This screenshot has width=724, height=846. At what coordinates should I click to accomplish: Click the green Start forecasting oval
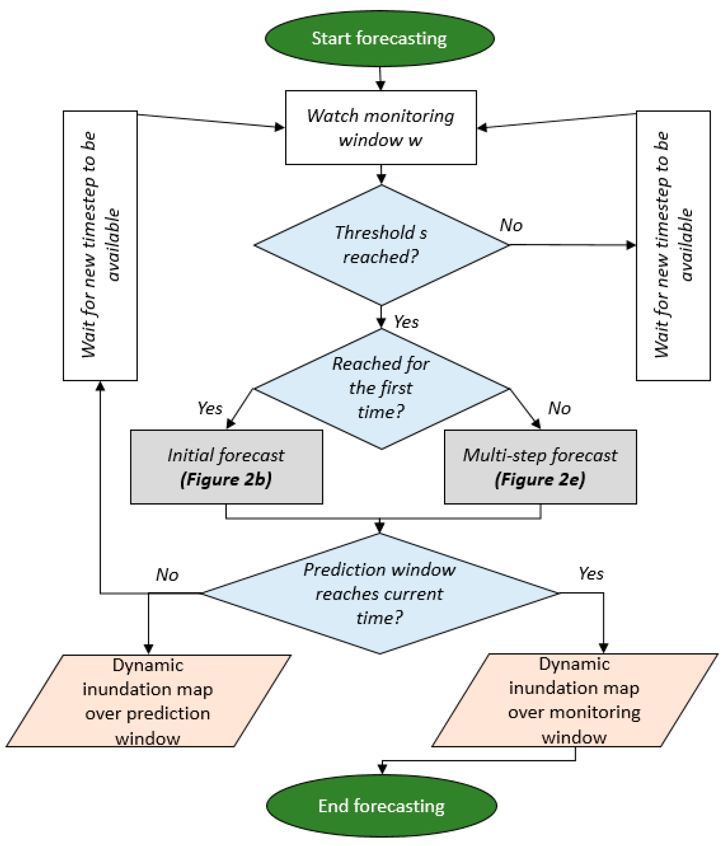click(x=380, y=38)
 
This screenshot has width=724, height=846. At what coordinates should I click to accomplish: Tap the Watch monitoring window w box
click(x=381, y=127)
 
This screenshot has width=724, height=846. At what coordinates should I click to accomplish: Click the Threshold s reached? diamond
click(x=381, y=245)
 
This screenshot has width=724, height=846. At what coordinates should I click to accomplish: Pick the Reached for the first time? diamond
click(x=381, y=388)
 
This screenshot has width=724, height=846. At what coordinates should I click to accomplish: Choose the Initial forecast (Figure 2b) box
click(x=226, y=467)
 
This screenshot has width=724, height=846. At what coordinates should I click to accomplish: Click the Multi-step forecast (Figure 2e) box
click(x=540, y=467)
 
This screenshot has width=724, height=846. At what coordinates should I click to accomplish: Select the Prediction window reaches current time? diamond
click(x=380, y=593)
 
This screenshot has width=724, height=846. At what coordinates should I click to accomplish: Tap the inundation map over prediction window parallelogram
click(x=148, y=701)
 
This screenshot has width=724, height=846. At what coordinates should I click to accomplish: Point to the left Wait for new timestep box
click(x=100, y=245)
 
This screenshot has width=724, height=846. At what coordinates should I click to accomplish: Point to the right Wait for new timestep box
click(x=673, y=245)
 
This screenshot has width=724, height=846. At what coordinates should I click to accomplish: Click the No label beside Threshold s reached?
click(x=511, y=225)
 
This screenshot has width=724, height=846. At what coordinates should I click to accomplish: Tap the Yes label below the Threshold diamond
click(x=406, y=322)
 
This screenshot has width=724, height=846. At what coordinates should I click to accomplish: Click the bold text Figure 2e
click(x=540, y=479)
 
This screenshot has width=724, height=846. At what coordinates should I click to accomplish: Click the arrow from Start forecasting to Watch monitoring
click(x=380, y=78)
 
